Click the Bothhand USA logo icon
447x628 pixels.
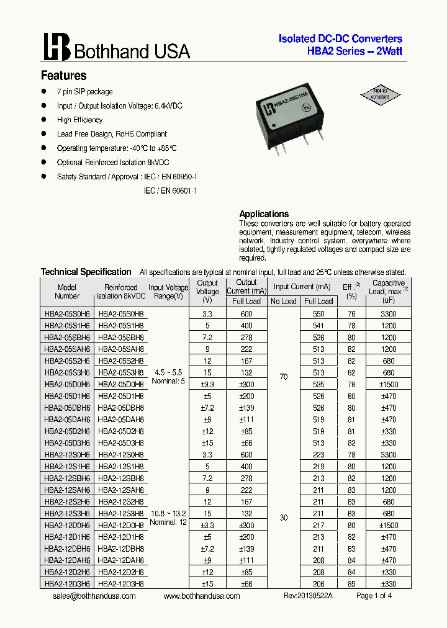coord(56,47)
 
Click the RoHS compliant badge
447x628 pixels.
coord(381,94)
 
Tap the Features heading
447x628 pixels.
coord(63,76)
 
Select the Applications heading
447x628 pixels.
coord(264,214)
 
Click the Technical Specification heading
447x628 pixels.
coord(86,272)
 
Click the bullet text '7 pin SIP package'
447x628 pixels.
coord(84,92)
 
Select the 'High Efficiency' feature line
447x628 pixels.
coord(79,120)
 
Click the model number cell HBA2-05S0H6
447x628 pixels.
coord(67,314)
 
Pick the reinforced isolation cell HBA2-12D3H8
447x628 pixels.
coord(121,583)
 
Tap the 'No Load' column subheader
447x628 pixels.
coord(284,301)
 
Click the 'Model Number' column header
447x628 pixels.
coord(67,292)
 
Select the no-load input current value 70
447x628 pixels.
coord(284,377)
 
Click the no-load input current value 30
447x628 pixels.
coord(284,518)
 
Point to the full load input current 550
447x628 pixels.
coord(318,314)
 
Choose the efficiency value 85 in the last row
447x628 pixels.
coord(351,583)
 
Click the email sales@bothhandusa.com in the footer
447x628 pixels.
coord(94,596)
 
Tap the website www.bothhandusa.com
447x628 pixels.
coord(202,596)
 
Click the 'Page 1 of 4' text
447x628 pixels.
coord(374,596)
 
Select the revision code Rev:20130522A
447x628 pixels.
coord(308,596)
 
